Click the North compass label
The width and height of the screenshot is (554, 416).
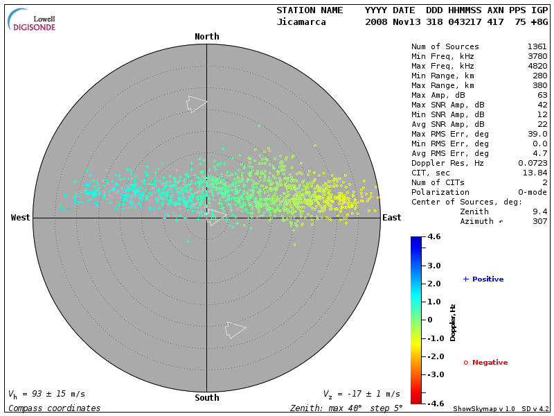pyautogui.click(x=206, y=37)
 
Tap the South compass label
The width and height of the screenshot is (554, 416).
pyautogui.click(x=206, y=398)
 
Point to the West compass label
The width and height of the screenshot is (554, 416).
pyautogui.click(x=21, y=218)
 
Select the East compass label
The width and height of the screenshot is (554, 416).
pyautogui.click(x=391, y=218)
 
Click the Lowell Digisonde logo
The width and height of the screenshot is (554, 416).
pyautogui.click(x=32, y=20)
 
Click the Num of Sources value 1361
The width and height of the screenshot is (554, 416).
pyautogui.click(x=537, y=46)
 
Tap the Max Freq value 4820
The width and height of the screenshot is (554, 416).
pyautogui.click(x=537, y=66)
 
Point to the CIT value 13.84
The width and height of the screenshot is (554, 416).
pyautogui.click(x=537, y=173)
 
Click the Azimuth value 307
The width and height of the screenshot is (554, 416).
pyautogui.click(x=539, y=221)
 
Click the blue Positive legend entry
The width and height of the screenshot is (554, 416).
pyautogui.click(x=483, y=279)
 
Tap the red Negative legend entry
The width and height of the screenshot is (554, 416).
pyautogui.click(x=485, y=363)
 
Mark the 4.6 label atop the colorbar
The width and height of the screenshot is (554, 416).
pyautogui.click(x=435, y=237)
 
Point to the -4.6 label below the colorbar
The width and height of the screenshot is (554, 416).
pyautogui.click(x=435, y=403)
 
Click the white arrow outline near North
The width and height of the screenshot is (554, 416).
pyautogui.click(x=196, y=104)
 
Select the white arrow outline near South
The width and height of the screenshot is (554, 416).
pyautogui.click(x=235, y=330)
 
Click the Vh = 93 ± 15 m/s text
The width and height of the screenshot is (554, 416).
pyautogui.click(x=46, y=394)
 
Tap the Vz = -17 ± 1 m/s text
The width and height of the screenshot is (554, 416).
pyautogui.click(x=361, y=394)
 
